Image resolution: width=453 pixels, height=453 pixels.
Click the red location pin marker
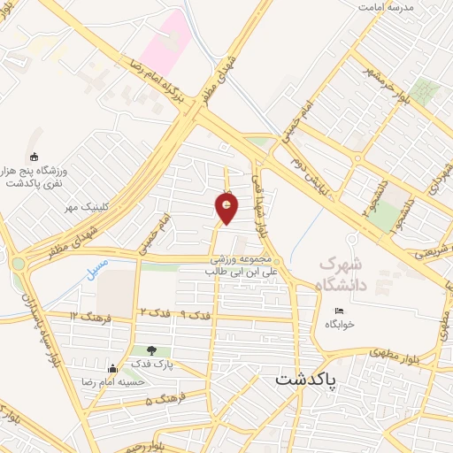(227, 208)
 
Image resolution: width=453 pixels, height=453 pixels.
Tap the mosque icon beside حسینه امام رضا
(111, 369)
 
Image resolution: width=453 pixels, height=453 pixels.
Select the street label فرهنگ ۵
(162, 400)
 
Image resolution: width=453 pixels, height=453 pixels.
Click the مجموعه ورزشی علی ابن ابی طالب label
(243, 266)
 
